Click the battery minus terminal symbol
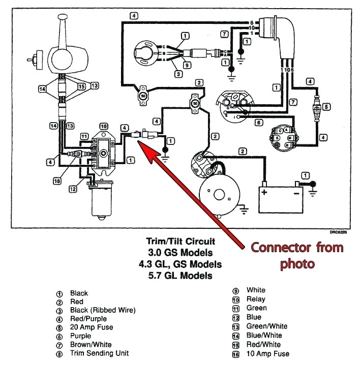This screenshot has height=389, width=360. [296, 193]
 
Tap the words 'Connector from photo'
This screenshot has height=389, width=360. [296, 256]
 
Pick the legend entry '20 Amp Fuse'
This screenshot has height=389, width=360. [92, 327]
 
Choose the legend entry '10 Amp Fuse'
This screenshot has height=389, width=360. [267, 353]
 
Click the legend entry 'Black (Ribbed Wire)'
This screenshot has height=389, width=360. [103, 310]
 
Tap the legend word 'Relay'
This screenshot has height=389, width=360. [256, 300]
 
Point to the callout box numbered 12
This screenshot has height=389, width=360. [74, 189]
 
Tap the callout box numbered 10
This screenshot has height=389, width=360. [104, 126]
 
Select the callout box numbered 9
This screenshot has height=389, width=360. [187, 65]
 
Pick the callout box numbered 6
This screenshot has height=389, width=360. [258, 123]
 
